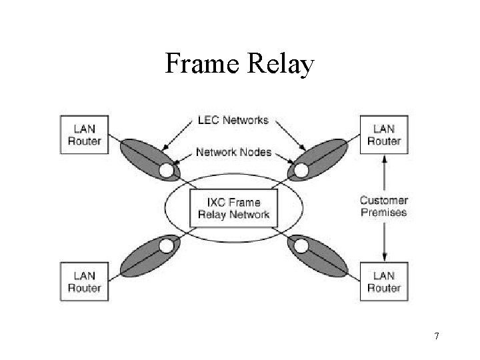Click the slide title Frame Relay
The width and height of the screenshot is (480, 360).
(x=239, y=64)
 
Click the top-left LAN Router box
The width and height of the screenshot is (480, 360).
(x=85, y=135)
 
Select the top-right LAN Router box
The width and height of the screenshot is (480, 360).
(x=383, y=135)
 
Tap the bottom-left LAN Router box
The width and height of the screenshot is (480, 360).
(x=85, y=281)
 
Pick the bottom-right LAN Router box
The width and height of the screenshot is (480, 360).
(x=383, y=281)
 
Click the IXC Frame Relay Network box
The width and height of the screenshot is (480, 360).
(x=233, y=208)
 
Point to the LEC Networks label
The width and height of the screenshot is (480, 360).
(x=233, y=121)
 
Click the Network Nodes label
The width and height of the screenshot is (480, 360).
(x=233, y=152)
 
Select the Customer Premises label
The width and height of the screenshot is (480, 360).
(x=383, y=206)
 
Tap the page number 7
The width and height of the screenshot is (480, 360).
(x=436, y=336)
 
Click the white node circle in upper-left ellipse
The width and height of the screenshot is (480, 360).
(x=166, y=172)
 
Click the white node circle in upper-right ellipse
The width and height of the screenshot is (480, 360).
(x=301, y=172)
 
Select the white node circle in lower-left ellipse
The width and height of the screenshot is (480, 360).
(x=166, y=246)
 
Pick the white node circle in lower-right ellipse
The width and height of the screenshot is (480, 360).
(x=301, y=246)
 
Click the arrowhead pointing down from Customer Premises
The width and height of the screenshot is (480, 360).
(x=384, y=257)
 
